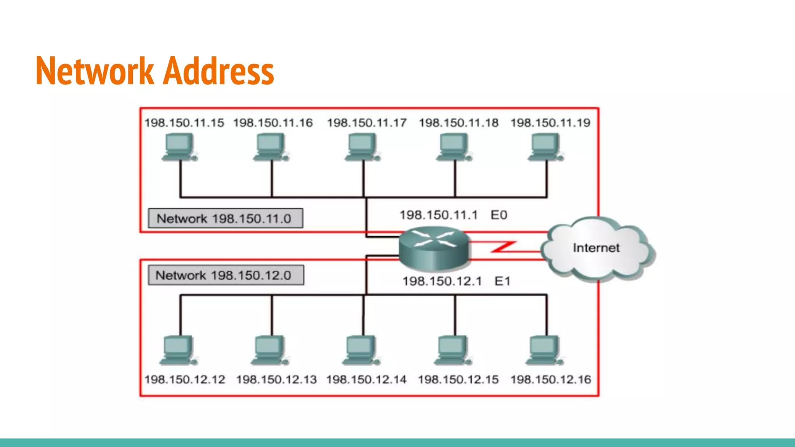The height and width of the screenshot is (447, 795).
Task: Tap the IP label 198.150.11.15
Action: (184, 123)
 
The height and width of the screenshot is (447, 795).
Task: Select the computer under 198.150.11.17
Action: (362, 147)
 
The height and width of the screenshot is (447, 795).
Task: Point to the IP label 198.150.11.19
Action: (550, 123)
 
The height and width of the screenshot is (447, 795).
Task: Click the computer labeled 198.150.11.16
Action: (271, 147)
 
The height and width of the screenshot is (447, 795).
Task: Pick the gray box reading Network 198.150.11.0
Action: (225, 218)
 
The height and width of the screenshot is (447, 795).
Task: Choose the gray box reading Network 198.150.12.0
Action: (226, 275)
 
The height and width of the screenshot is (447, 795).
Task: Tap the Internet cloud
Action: (596, 248)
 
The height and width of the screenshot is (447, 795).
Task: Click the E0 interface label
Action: (499, 215)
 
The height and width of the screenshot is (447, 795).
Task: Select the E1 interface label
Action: (502, 281)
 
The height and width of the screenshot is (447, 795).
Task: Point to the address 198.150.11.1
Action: (439, 215)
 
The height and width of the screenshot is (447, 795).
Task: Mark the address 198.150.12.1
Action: (442, 281)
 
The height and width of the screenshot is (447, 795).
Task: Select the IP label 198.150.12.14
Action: (366, 379)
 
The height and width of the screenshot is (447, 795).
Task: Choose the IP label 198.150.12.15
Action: (458, 379)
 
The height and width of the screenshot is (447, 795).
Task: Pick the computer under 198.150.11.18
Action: (453, 147)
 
